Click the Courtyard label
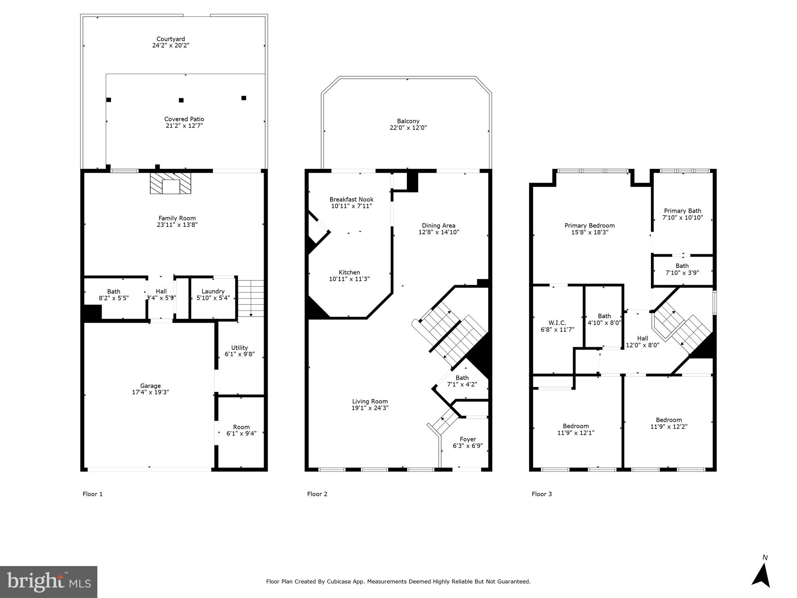171,39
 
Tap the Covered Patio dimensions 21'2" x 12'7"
184,126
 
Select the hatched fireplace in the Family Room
171,183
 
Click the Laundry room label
213,291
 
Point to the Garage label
150,386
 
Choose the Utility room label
239,348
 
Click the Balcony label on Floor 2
408,121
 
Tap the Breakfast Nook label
351,199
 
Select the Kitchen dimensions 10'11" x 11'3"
349,279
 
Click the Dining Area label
438,225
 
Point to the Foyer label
468,439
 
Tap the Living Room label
370,401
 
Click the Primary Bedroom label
589,225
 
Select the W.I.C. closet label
557,323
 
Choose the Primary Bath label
683,211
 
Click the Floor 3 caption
542,494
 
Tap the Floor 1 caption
93,494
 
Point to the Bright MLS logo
49,582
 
